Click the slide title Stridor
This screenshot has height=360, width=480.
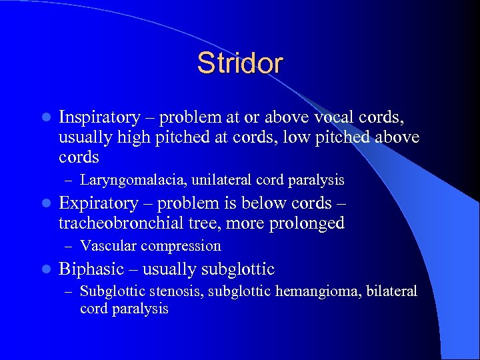pos(240,63)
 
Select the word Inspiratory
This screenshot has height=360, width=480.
pos(99,117)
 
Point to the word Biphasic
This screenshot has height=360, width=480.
pos(91,269)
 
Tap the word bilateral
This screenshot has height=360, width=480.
pos(390,291)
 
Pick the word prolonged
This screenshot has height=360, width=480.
pos(307,223)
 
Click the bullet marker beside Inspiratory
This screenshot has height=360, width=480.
pos(45,118)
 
